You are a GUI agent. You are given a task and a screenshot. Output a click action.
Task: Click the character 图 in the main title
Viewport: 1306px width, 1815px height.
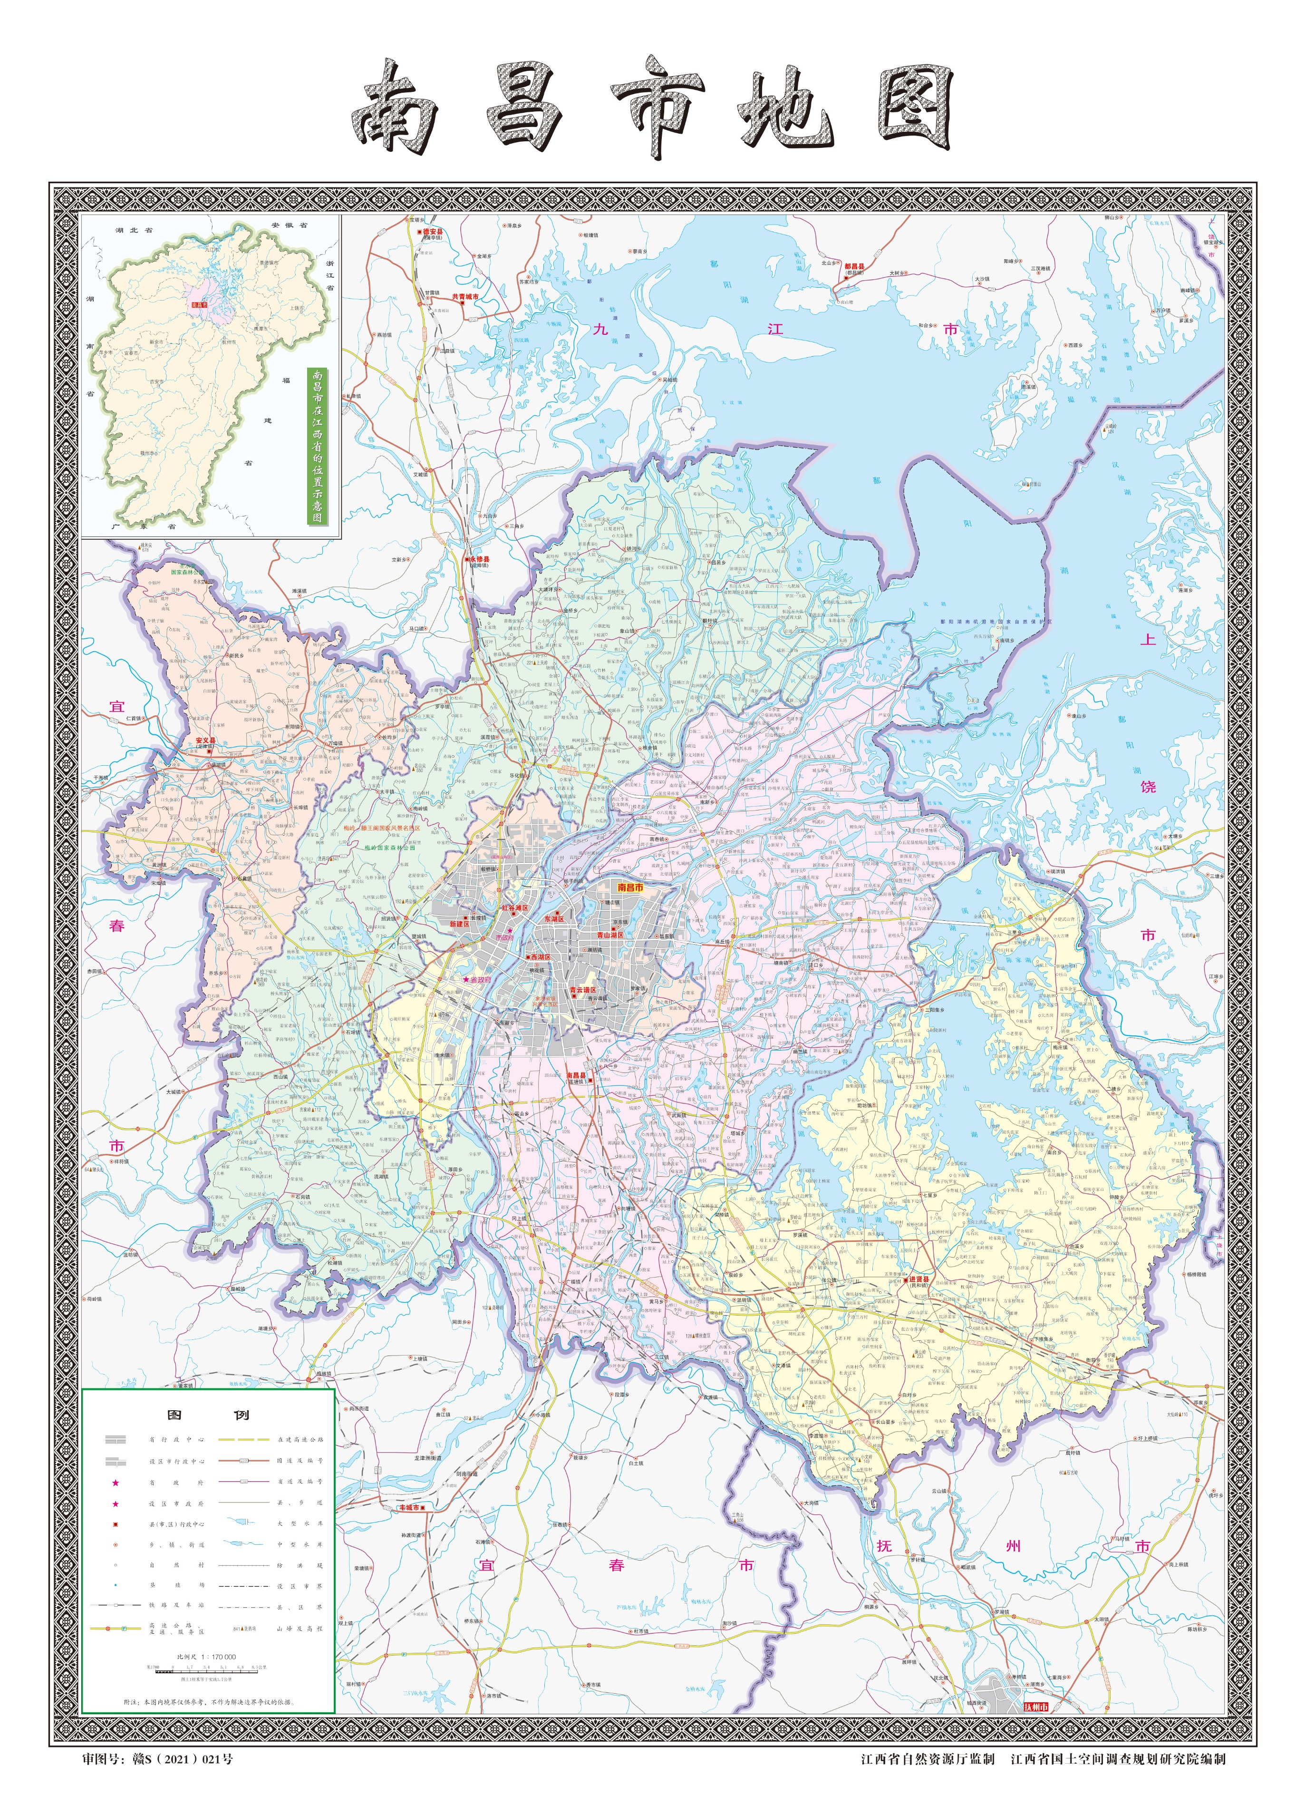coord(913,108)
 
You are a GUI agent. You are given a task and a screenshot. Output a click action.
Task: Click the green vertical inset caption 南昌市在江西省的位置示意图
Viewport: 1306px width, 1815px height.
coord(318,446)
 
